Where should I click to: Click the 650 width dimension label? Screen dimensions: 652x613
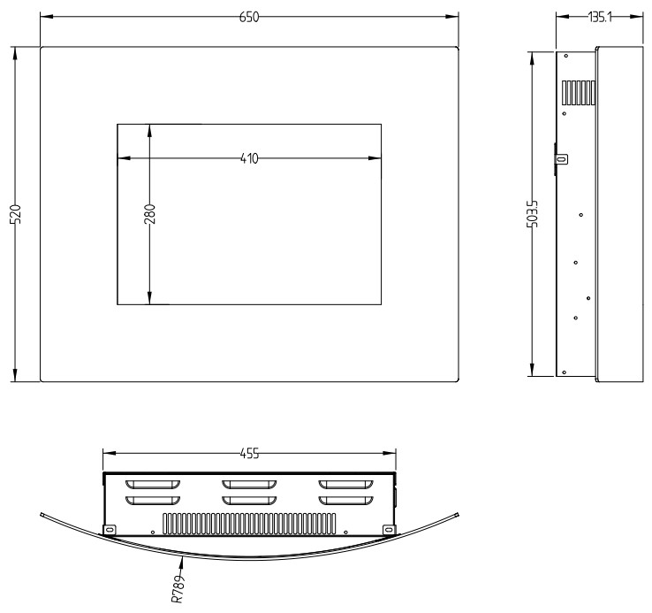[249, 17]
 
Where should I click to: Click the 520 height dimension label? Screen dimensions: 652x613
[15, 214]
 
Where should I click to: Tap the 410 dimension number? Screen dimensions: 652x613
[249, 158]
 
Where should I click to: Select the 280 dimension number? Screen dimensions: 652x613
[149, 214]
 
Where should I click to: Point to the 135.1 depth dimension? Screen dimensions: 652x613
[600, 17]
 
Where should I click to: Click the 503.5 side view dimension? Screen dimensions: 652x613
[532, 214]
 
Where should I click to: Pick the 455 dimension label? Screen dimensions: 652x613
[249, 453]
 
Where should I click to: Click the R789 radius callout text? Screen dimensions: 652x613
[178, 589]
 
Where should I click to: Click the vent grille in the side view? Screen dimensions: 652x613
[579, 93]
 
